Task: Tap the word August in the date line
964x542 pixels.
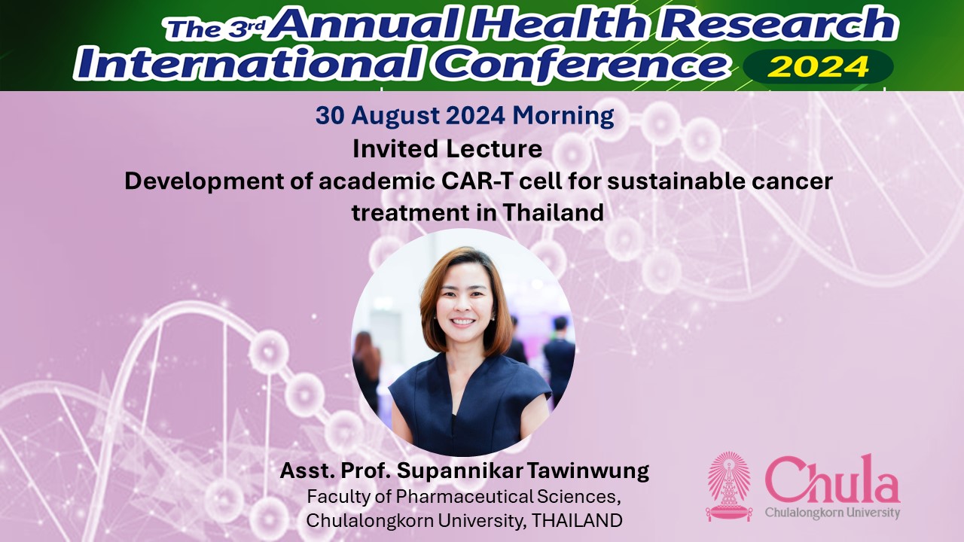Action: point(395,116)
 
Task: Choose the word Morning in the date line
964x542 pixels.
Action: point(563,116)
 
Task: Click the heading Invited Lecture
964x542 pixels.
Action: point(447,149)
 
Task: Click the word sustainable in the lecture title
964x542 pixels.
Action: point(675,181)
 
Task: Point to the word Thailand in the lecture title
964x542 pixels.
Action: point(553,212)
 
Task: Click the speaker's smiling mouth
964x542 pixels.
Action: point(462,321)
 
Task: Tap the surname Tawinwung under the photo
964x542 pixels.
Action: point(588,470)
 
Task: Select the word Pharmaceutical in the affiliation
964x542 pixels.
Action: point(464,497)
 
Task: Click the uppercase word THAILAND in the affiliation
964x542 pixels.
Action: point(577,520)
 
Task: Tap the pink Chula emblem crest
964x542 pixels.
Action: point(729,486)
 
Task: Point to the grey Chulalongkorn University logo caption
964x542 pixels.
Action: point(832,513)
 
